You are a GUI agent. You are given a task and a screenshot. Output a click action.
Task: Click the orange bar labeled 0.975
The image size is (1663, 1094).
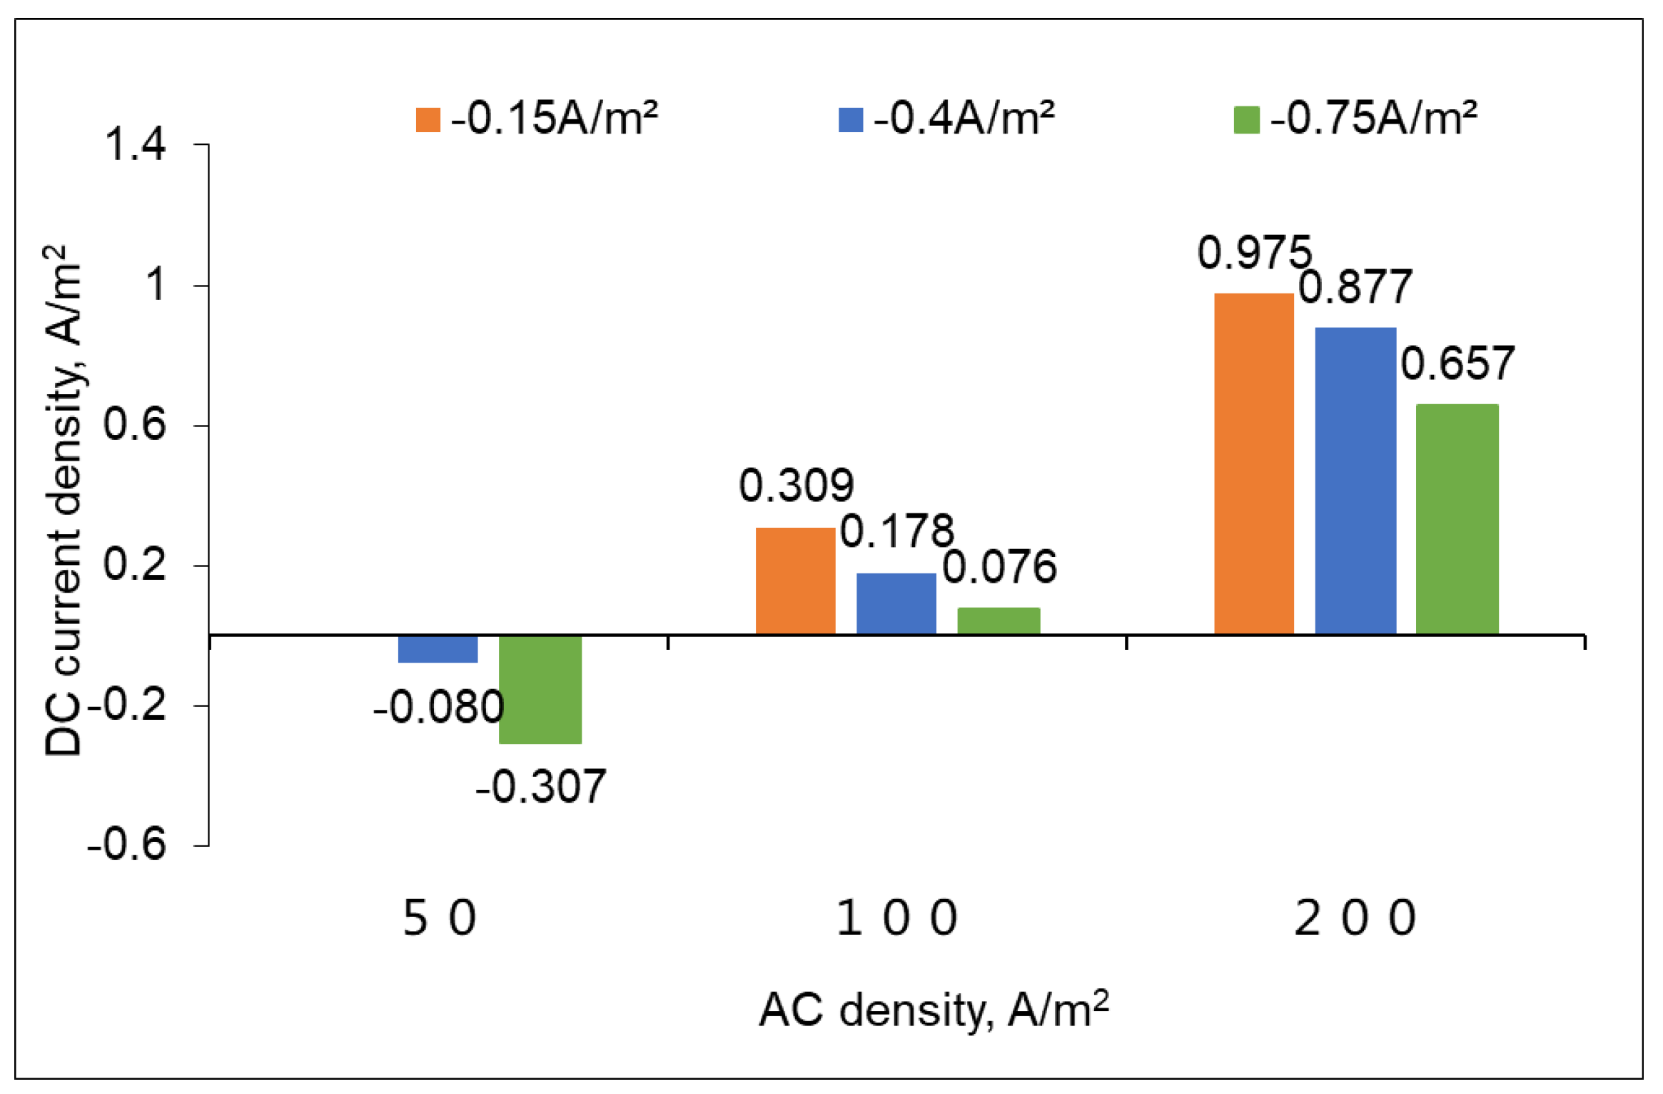1253,463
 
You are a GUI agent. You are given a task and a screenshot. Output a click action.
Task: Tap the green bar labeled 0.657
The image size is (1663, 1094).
1456,519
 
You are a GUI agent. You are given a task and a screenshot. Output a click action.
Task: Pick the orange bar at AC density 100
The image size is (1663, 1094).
795,581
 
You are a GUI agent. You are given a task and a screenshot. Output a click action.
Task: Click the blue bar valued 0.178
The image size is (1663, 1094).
896,603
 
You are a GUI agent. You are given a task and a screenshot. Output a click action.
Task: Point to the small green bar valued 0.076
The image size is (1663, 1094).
998,621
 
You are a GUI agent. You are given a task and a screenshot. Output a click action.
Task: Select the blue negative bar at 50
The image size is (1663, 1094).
438,649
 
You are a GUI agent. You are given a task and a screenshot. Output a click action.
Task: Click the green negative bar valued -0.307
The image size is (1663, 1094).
540,689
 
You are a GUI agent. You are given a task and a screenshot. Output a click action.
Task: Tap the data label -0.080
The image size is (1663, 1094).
438,708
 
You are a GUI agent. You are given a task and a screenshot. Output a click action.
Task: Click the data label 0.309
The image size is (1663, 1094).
796,486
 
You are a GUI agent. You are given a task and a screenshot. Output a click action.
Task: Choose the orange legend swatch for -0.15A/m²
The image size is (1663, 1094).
428,119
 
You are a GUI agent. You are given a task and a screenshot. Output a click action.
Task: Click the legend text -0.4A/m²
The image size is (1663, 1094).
964,118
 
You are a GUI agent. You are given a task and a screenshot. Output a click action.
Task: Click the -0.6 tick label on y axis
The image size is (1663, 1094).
126,844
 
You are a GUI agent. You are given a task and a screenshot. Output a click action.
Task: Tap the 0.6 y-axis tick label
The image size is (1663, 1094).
135,424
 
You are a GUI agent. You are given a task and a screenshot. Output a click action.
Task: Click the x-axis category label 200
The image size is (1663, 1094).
1355,918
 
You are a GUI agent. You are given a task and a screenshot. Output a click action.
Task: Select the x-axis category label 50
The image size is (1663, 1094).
439,918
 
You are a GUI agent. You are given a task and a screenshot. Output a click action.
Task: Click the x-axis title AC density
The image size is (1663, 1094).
934,1010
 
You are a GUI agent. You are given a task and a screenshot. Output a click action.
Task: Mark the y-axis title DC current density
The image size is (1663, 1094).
63,500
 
